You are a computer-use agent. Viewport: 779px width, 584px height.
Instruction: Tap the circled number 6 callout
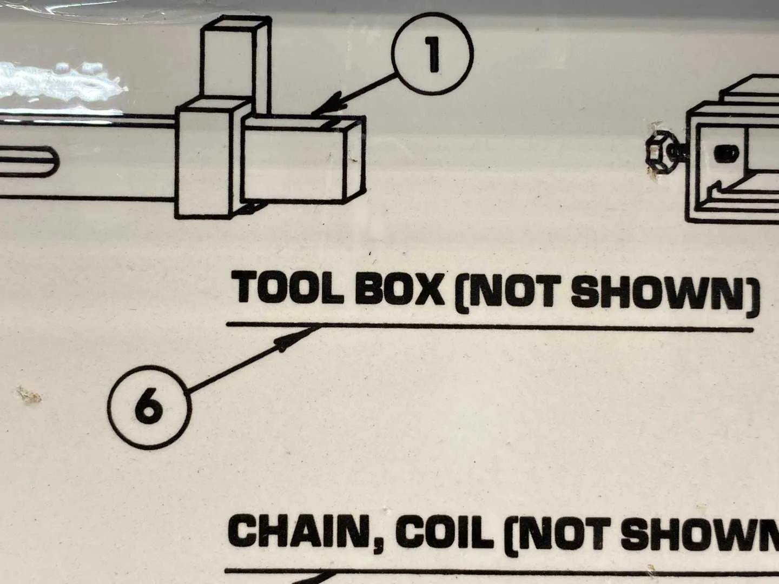coord(149,408)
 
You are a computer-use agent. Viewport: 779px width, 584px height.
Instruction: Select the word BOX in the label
coord(400,289)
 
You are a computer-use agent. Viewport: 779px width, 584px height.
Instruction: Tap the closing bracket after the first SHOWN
coord(752,298)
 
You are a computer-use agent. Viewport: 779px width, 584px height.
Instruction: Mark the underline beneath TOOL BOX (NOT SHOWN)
coord(490,327)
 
